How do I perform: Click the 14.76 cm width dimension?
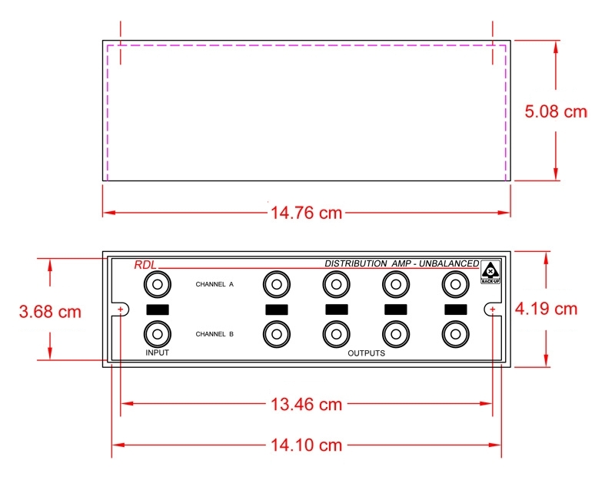(306, 213)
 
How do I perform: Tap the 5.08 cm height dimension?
(556, 111)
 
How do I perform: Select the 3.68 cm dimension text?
(50, 312)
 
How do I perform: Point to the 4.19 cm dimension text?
(546, 309)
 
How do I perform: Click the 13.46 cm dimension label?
(306, 404)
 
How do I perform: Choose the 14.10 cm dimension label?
(306, 445)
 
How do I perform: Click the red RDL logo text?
(145, 265)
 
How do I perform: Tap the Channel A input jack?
(158, 284)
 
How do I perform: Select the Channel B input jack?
(158, 334)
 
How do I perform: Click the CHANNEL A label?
(214, 284)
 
